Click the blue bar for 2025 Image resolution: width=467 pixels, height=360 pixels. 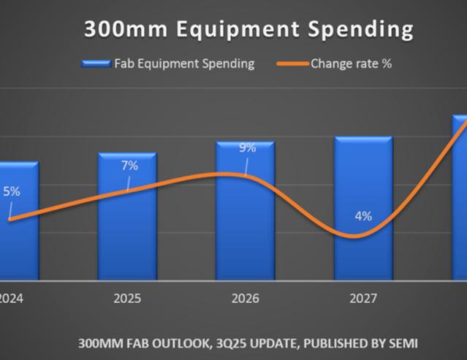[x=127, y=216]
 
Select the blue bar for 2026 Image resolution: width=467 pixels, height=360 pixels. [x=246, y=210]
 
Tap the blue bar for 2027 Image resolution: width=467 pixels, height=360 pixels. [x=363, y=208]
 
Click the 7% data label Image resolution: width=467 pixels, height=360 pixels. [x=130, y=166]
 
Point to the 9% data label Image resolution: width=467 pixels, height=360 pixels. [x=248, y=148]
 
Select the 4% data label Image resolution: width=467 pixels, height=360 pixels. [x=363, y=216]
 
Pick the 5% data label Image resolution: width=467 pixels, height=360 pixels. [x=12, y=191]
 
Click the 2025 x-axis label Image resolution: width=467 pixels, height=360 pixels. [x=127, y=299]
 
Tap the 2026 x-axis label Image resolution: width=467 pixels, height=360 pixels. [x=246, y=299]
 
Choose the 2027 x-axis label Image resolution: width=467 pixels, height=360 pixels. [x=363, y=299]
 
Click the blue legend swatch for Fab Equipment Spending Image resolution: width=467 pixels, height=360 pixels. [x=96, y=64]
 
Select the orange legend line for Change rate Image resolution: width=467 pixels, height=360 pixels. [x=292, y=64]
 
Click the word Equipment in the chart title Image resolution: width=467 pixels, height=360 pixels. [x=238, y=30]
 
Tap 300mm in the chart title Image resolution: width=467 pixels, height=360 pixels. [x=126, y=29]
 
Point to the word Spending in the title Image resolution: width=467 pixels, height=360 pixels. [x=361, y=30]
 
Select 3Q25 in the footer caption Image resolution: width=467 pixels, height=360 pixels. [x=230, y=343]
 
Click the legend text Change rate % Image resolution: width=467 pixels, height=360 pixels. [x=351, y=64]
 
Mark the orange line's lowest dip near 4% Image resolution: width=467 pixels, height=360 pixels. [x=354, y=237]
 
